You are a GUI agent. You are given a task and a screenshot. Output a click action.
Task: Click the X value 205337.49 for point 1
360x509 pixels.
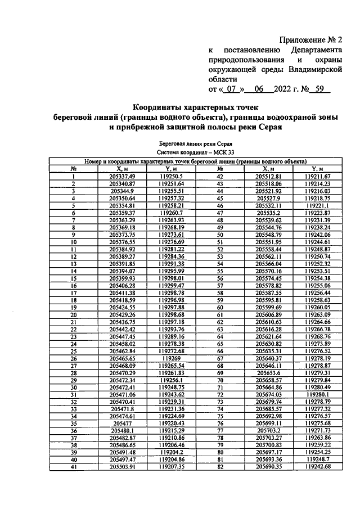[x=123, y=176]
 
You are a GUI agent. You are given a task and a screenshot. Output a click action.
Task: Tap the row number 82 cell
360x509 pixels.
[x=220, y=467]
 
